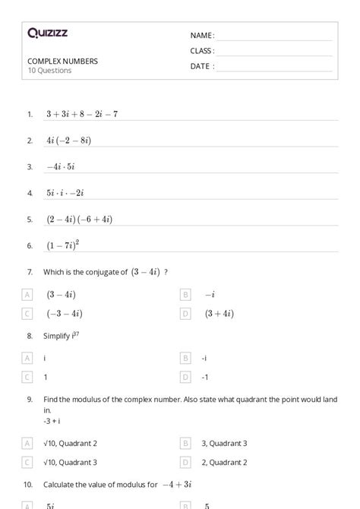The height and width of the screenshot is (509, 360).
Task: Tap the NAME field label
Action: [202, 36]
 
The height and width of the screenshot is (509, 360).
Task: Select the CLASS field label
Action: [202, 51]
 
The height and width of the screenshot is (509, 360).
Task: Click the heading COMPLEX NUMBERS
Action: [62, 61]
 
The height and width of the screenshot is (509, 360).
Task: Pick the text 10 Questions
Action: [49, 71]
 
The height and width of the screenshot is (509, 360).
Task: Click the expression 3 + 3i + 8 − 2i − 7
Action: [81, 114]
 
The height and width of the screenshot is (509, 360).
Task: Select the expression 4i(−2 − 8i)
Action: [68, 141]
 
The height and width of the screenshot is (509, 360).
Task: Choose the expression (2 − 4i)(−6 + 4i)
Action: [79, 219]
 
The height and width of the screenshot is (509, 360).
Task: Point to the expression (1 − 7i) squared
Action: [62, 245]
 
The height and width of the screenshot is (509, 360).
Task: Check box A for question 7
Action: [28, 294]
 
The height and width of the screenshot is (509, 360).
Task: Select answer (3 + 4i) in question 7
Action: [219, 313]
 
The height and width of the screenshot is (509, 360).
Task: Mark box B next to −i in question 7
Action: [185, 294]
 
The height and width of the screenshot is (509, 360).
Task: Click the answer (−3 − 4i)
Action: [65, 313]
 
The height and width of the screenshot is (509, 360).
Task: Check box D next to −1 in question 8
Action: [185, 376]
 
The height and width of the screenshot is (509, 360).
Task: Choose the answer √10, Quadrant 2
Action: [71, 442]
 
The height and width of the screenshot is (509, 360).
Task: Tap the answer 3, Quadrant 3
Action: [225, 442]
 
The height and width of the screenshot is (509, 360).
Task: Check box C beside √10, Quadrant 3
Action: [28, 461]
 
